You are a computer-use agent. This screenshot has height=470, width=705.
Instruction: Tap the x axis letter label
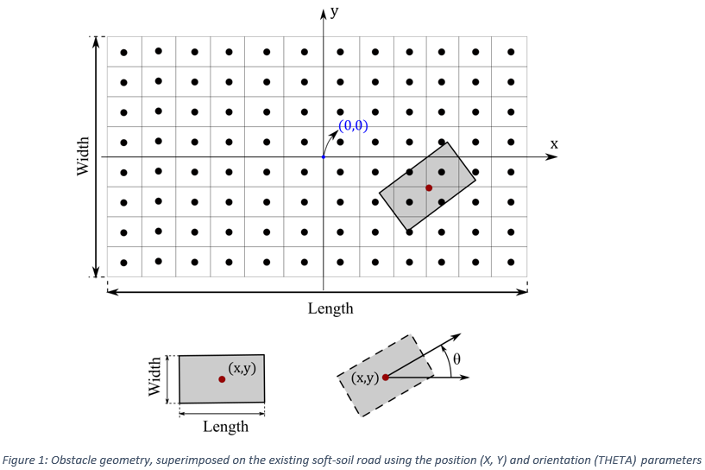click(x=554, y=144)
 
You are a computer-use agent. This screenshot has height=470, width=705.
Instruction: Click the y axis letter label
click(x=333, y=12)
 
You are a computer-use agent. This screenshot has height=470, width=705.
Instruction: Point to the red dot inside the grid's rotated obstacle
click(x=429, y=187)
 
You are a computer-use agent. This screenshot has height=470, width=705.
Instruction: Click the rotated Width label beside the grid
click(x=84, y=156)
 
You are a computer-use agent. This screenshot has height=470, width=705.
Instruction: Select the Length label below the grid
click(x=330, y=308)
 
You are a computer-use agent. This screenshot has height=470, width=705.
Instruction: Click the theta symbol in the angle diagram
click(x=456, y=357)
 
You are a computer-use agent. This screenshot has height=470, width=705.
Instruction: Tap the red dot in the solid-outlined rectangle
click(x=222, y=379)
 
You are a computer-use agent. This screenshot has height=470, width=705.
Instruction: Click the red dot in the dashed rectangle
click(x=385, y=377)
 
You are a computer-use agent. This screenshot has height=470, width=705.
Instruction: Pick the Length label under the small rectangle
click(x=225, y=426)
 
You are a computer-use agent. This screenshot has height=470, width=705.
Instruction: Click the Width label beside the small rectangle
click(x=155, y=378)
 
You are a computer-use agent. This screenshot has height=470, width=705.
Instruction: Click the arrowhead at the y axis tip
click(x=324, y=13)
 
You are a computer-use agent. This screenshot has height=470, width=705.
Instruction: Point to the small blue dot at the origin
click(x=324, y=156)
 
